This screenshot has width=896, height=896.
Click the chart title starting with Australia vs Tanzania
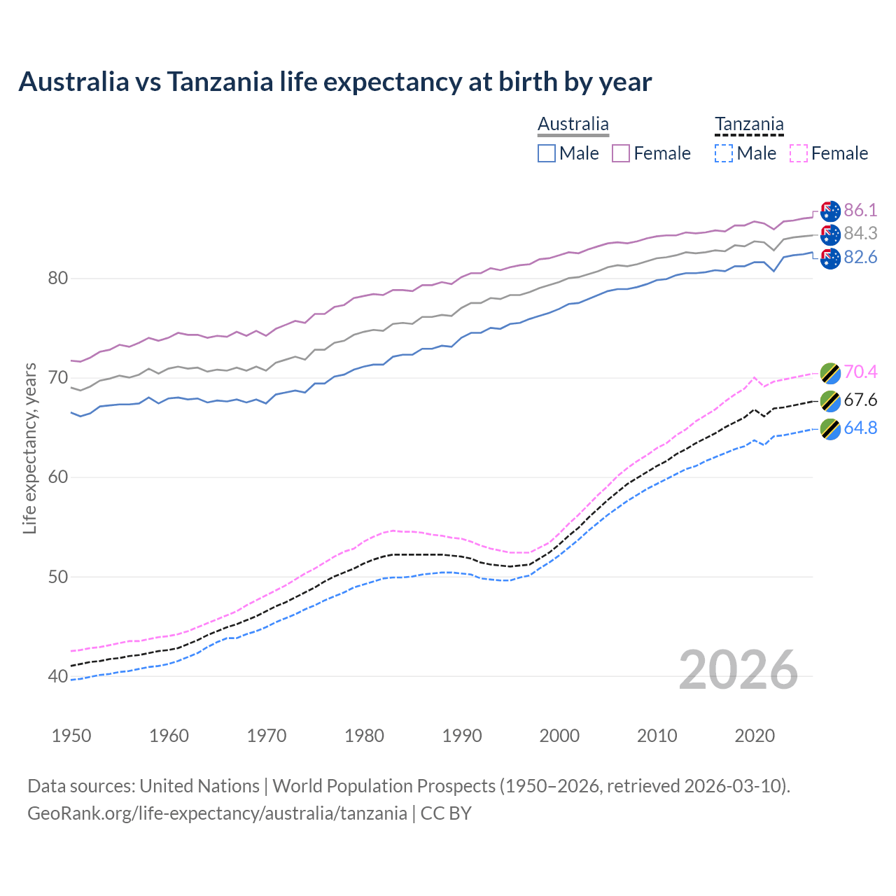tap(335, 82)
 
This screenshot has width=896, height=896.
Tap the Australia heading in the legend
tap(573, 125)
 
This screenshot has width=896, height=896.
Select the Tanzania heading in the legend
tap(749, 125)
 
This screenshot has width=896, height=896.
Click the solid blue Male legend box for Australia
tap(547, 153)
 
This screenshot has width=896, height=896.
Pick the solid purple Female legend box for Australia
tap(621, 153)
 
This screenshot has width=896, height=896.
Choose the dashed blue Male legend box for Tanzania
tap(724, 153)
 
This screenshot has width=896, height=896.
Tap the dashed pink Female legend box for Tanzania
tap(798, 153)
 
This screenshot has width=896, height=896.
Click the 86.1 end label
tap(860, 210)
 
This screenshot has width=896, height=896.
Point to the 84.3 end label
tap(860, 233)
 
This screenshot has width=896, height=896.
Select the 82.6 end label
tap(860, 258)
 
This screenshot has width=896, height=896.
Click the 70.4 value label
tap(860, 372)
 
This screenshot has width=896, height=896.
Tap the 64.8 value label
tap(860, 428)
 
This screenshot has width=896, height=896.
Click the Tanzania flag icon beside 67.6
tap(830, 401)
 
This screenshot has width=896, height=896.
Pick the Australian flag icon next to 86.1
tap(830, 211)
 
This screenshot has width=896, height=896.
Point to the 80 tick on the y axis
tap(57, 279)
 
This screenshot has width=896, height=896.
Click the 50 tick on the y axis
tap(57, 577)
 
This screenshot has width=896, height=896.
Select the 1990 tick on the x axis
tap(462, 736)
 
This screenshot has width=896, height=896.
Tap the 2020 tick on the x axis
tap(755, 736)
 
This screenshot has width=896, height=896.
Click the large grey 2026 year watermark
tap(738, 670)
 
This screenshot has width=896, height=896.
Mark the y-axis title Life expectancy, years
tap(29, 448)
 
